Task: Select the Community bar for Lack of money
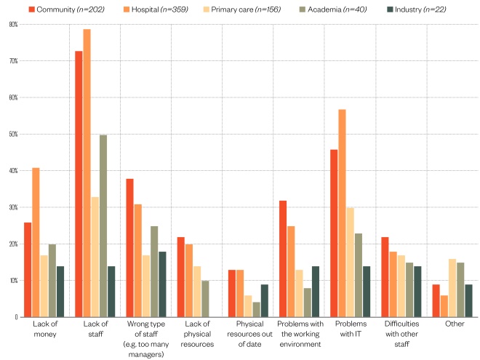point(28,270)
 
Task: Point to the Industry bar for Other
point(469,300)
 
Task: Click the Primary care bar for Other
point(452,288)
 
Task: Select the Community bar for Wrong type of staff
point(130,248)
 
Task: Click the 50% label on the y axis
point(13,134)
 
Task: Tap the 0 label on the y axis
point(15,317)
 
